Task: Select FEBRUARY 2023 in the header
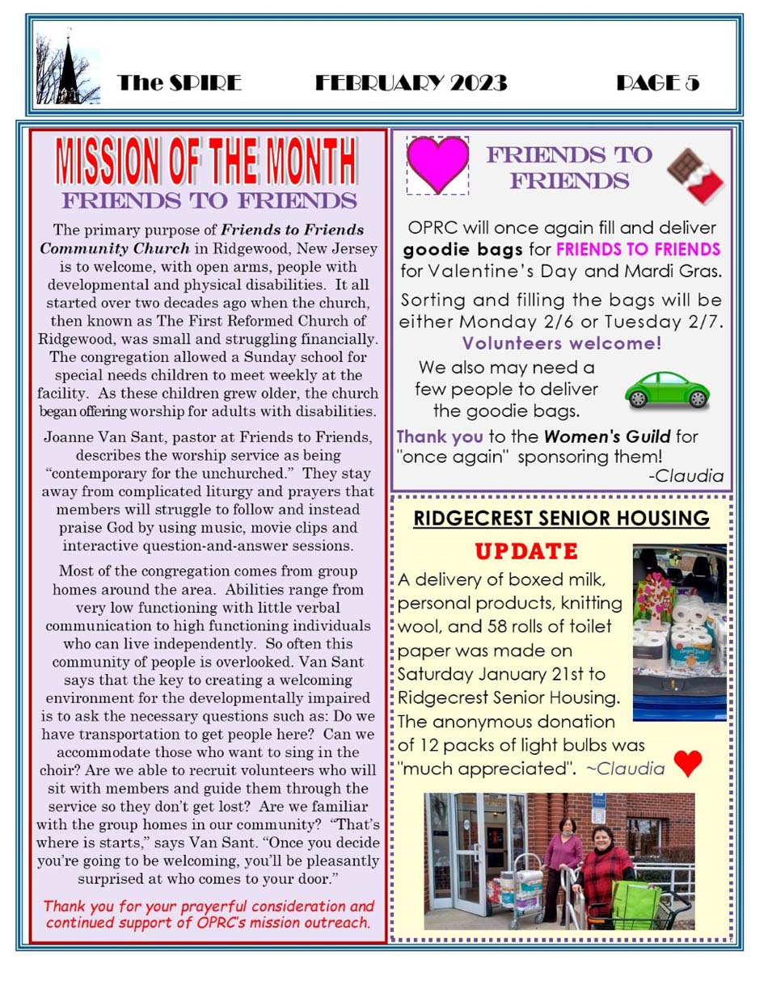(411, 82)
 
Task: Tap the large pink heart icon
(437, 164)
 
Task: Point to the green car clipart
(667, 390)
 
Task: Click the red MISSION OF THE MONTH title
(208, 162)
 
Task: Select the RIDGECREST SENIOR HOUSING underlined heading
(561, 518)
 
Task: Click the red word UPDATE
(525, 553)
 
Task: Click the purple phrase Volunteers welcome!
(561, 343)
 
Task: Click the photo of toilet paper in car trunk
(679, 632)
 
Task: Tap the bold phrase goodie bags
(454, 247)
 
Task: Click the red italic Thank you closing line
(209, 913)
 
